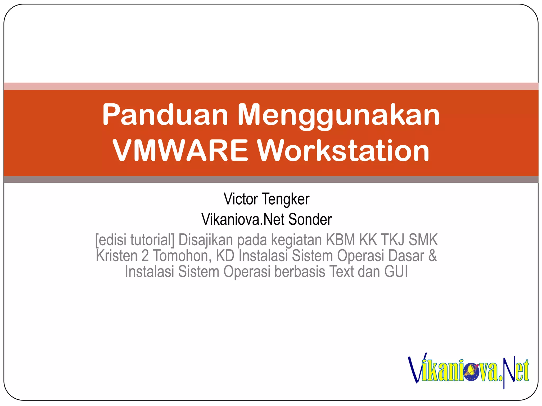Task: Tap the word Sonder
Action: coord(310,219)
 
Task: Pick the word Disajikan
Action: coord(206,240)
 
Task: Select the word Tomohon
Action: coord(182,256)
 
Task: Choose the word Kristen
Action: coord(116,256)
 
